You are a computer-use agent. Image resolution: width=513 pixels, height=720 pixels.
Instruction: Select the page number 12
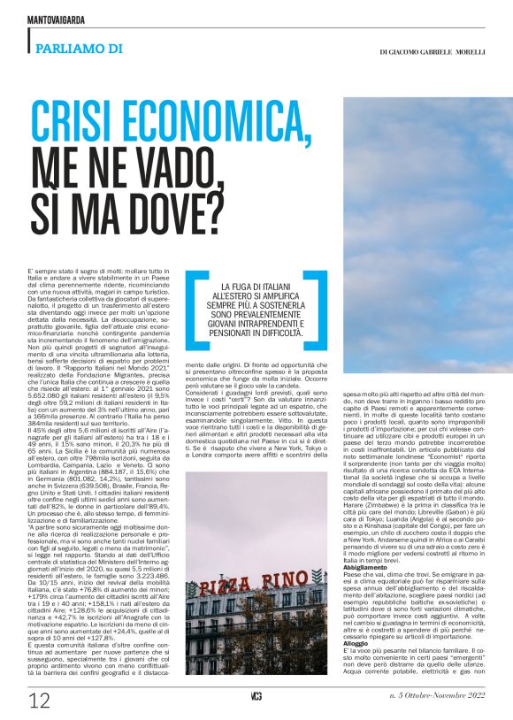(39, 701)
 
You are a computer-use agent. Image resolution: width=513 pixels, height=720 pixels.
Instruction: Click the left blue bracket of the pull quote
(194, 314)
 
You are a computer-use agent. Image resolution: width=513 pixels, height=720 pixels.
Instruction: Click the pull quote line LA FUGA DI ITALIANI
(265, 288)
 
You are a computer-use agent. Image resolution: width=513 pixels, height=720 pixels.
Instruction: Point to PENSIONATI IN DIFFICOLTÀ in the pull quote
(265, 334)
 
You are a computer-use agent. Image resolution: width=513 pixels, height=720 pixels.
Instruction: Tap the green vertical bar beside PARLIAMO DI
(31, 41)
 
